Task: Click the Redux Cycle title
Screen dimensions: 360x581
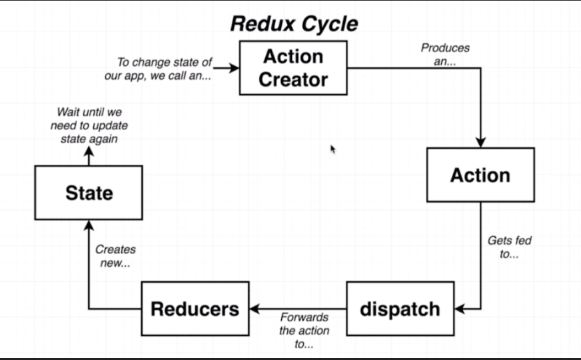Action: pos(294,23)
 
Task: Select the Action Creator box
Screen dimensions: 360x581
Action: pos(293,68)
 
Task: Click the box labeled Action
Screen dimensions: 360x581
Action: pos(480,175)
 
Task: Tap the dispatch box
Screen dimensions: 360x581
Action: pos(400,309)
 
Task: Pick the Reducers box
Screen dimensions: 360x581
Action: pos(195,309)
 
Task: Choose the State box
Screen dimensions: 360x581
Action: pos(89,193)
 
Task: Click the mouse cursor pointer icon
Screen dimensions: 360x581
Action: pos(333,149)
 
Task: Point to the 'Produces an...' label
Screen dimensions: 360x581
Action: pos(445,54)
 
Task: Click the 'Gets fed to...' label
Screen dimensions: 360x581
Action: pos(509,247)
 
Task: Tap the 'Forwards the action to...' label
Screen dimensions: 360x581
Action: pos(304,331)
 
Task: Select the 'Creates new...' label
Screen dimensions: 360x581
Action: pos(115,256)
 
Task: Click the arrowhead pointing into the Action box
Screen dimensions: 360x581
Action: pos(480,142)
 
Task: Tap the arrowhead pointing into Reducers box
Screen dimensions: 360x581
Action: pos(255,309)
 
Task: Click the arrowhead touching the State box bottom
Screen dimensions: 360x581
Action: pos(89,225)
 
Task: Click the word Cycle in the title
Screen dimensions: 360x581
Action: pos(326,23)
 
